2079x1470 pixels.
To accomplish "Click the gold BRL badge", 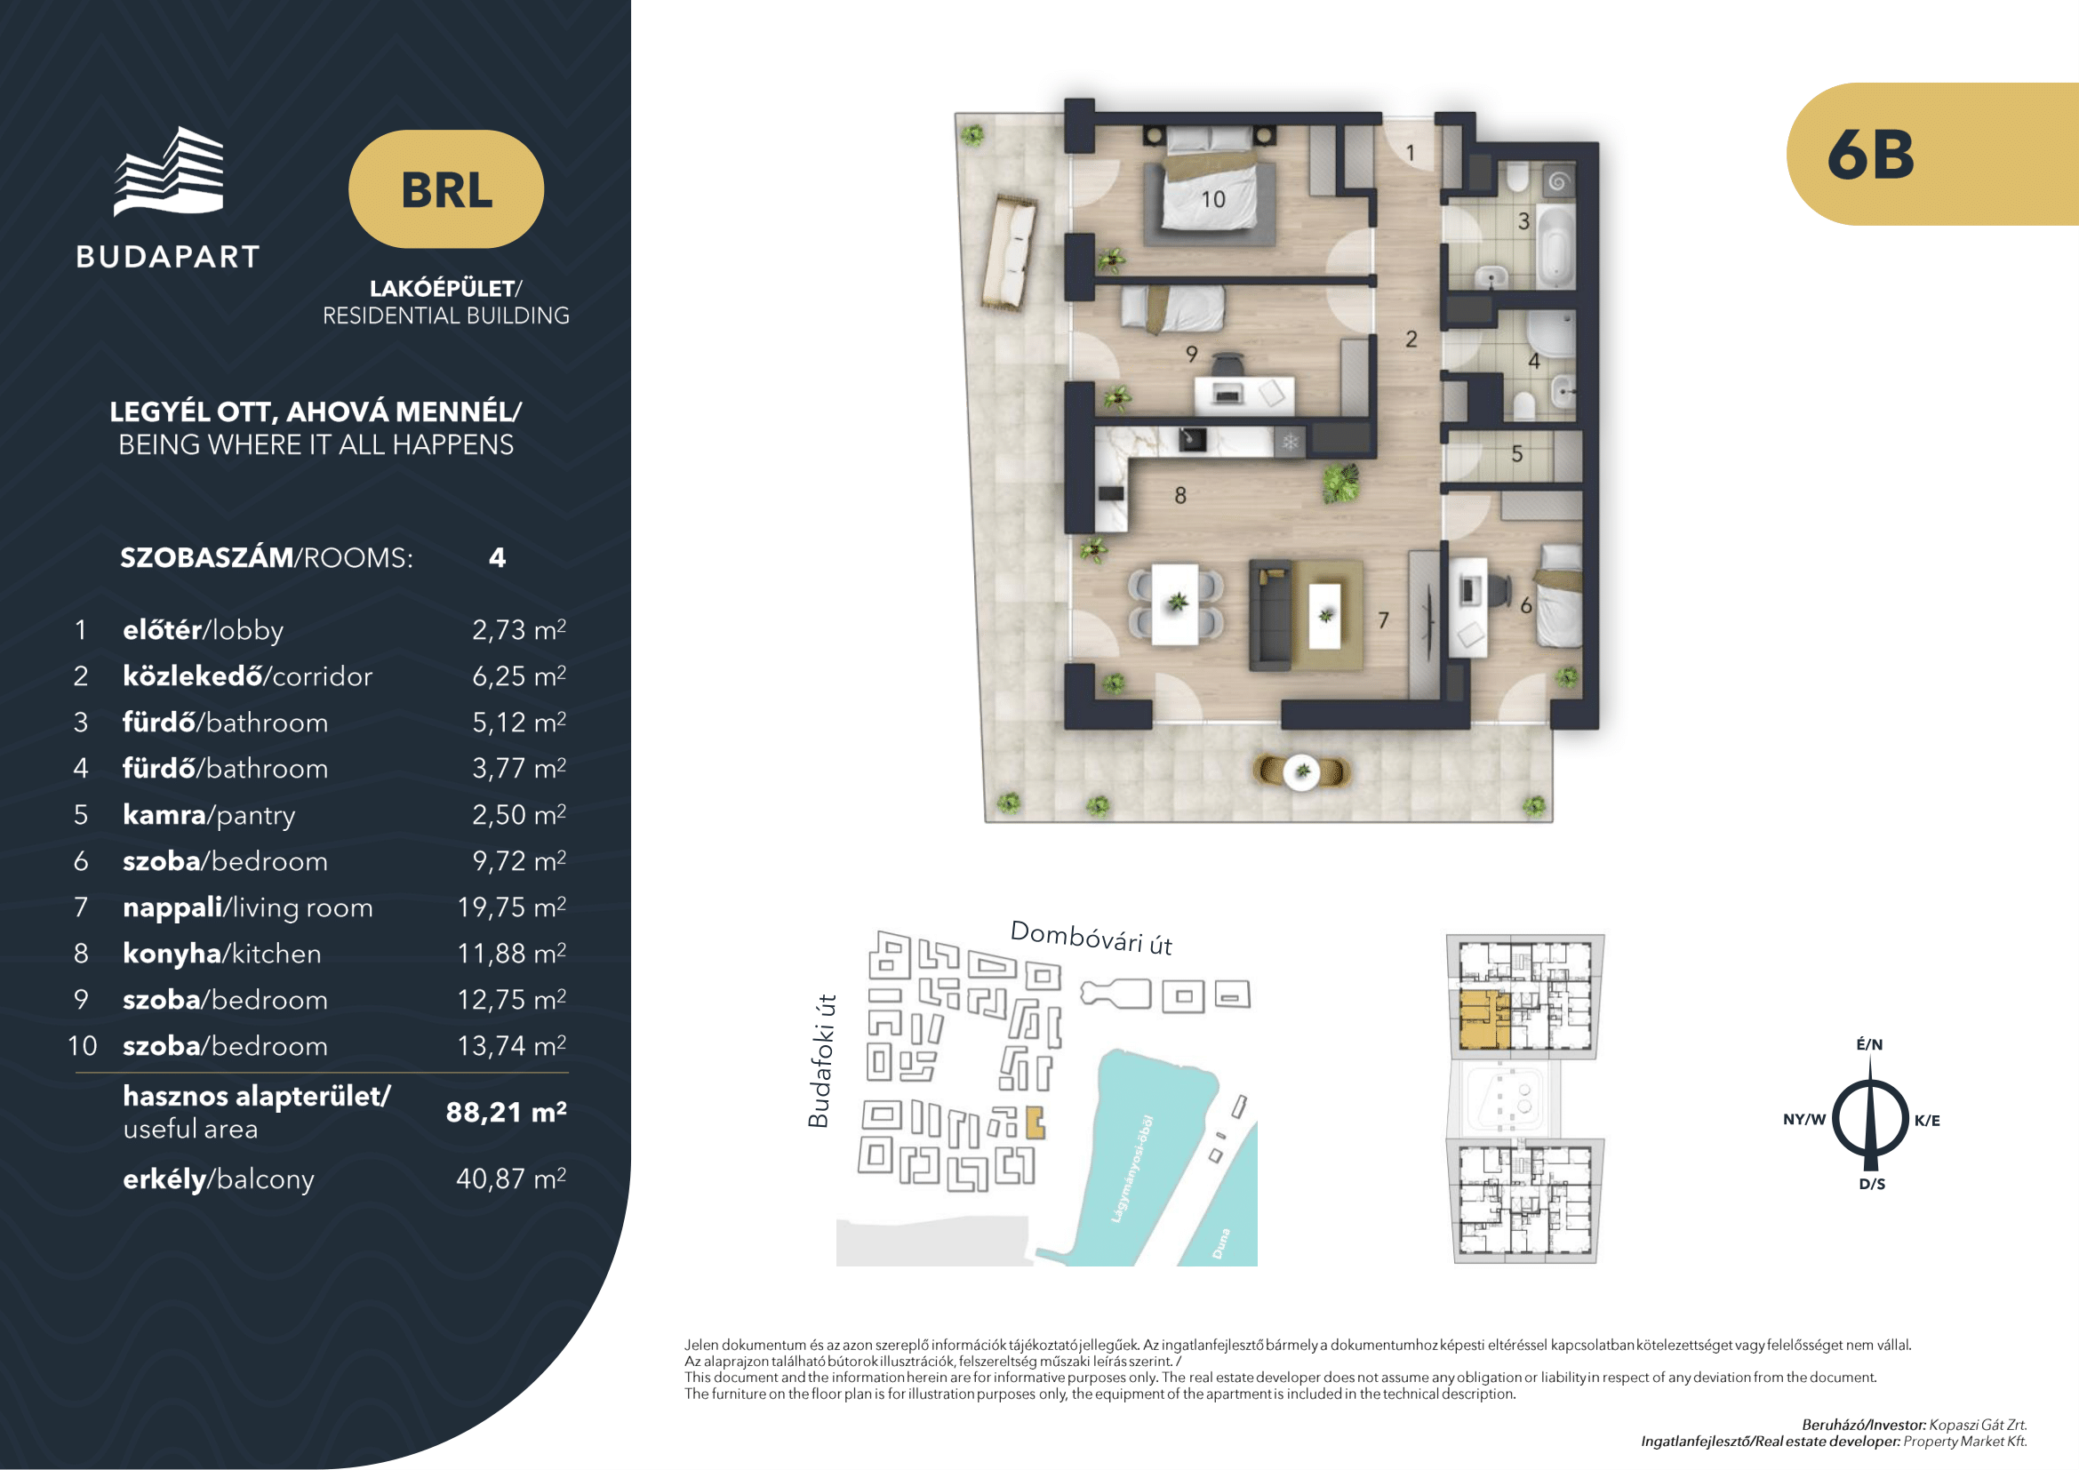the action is coord(446,189).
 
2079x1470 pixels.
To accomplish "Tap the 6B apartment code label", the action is coord(1871,154).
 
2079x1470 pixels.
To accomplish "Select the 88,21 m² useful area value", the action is coord(506,1112).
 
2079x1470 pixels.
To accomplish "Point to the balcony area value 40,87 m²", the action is coord(511,1178).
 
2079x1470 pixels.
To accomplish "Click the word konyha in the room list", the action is coord(172,954).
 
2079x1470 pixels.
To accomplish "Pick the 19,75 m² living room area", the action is coord(512,907).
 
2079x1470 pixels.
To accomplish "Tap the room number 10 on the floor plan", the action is coord(1212,199).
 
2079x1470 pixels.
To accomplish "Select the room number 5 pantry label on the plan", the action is coord(1516,453).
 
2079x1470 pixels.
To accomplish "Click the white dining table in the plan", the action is coord(1175,604).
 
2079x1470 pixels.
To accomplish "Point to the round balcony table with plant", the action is coord(1302,772).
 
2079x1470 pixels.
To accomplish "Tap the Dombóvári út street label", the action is coord(1091,938).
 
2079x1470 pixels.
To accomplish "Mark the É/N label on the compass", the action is coord(1870,1043).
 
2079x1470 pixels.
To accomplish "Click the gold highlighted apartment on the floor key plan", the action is coord(1479,1019).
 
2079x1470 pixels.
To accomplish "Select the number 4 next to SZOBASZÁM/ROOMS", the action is coord(497,557).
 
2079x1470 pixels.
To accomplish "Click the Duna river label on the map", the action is coord(1221,1242).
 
